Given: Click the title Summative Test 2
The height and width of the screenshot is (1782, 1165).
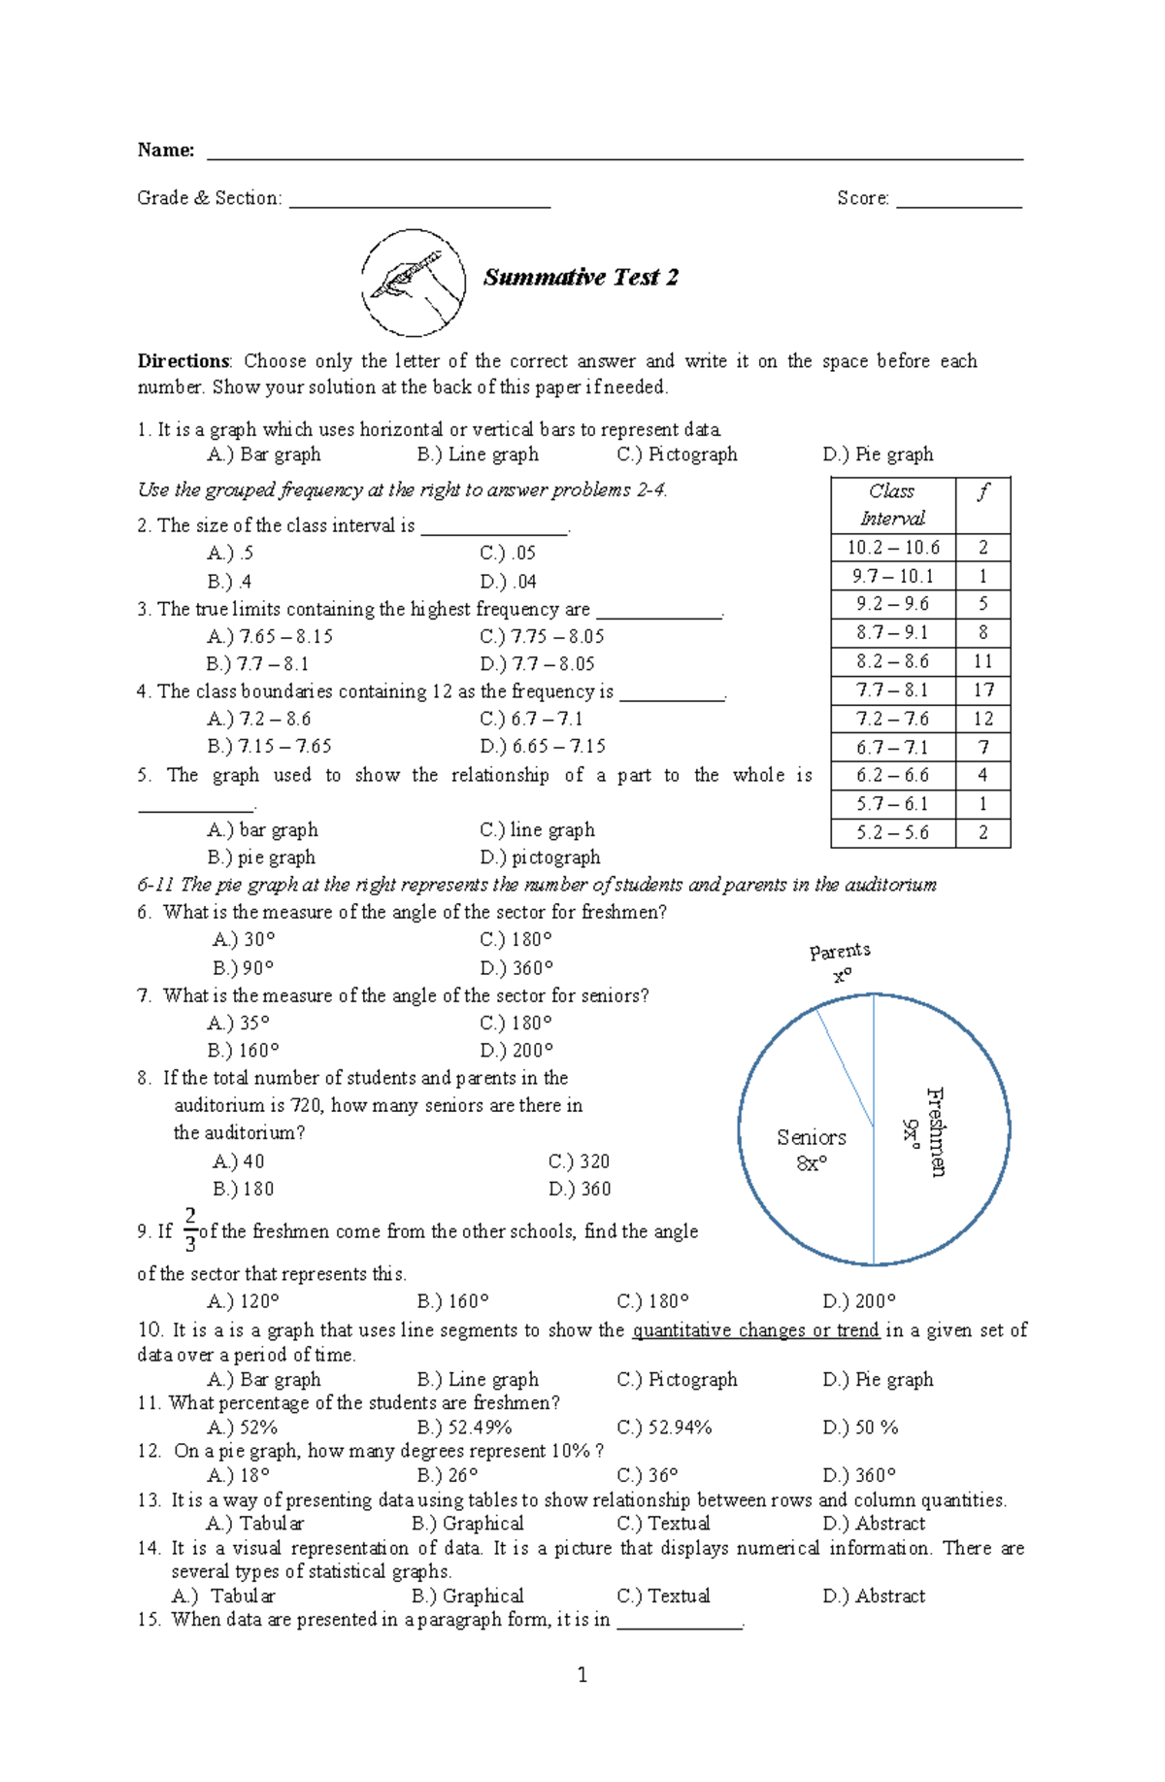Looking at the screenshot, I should pos(581,278).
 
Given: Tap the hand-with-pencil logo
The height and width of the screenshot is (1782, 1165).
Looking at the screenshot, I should pos(414,283).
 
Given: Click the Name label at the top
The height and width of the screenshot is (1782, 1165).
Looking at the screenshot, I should pos(165,150).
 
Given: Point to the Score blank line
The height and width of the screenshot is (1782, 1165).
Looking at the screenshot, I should pos(958,204).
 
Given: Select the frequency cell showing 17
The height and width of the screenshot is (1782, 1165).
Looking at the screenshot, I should pos(982,689).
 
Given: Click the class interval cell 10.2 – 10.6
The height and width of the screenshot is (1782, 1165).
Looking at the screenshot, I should pos(892,548).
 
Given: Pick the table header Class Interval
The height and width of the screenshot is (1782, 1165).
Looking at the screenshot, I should pos(892,505).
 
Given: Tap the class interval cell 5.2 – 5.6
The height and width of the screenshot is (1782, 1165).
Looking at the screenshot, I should pos(892,832).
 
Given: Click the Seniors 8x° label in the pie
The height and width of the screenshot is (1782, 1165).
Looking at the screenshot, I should pos(811,1150).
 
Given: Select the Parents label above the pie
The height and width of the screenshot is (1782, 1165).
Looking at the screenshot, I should pos(840,952).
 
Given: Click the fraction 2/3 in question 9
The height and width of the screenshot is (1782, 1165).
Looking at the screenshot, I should pos(190,1229).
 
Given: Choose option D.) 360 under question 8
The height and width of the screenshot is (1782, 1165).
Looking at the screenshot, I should pos(580,1189).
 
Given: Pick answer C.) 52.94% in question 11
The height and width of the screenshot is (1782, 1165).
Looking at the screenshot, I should pos(664,1428).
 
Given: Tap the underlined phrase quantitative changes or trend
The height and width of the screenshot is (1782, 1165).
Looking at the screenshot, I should pos(755,1330).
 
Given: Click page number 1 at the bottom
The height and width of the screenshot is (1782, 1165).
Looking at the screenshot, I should pos(582,1674).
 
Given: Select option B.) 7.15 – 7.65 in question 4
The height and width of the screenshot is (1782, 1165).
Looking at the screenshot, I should pos(269,746).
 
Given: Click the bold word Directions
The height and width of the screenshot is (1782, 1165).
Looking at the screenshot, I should pos(183,361).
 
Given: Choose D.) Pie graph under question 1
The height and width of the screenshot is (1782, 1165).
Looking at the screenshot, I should pos(878,454).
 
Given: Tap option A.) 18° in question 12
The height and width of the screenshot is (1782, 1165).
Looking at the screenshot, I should pos(239,1475).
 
